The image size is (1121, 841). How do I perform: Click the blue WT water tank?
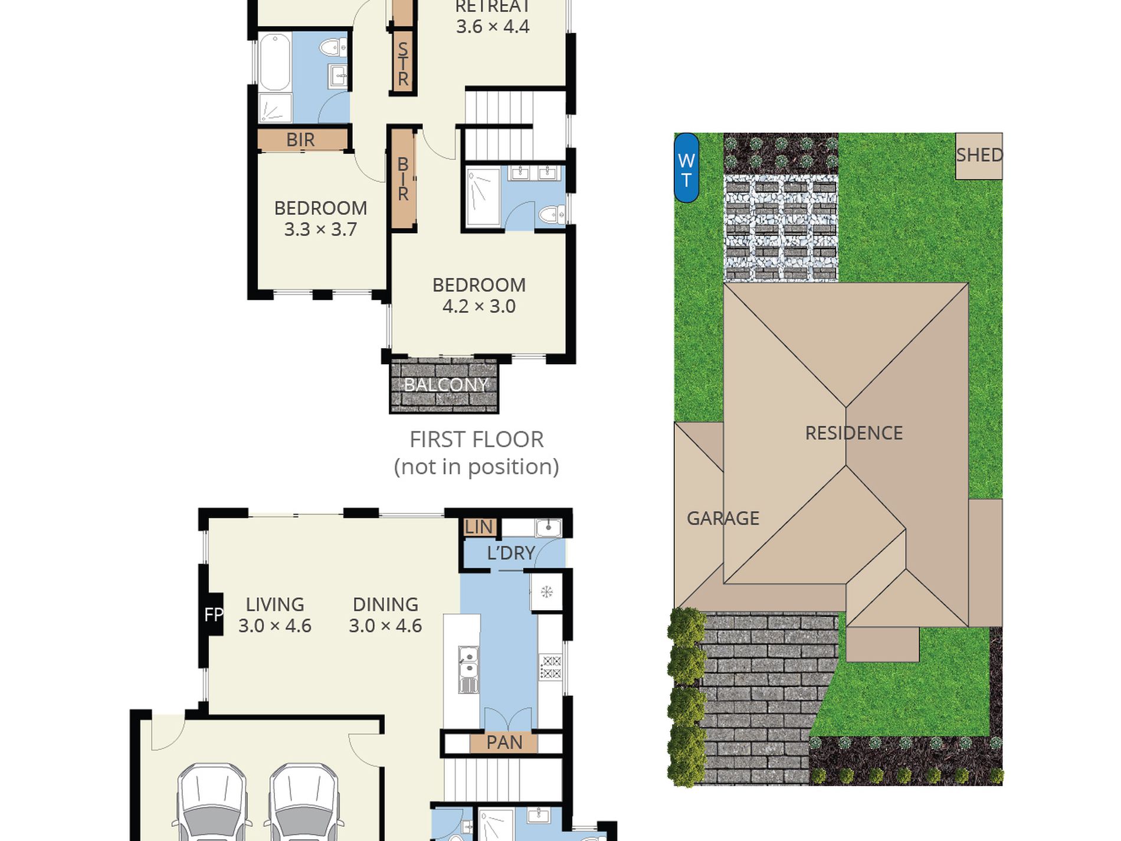[686, 168]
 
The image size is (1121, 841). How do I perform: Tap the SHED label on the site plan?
[979, 155]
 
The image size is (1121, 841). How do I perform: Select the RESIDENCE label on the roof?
[854, 433]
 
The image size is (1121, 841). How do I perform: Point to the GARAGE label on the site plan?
[723, 518]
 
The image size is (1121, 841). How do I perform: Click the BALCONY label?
[445, 385]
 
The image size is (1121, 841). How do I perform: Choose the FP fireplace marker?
[214, 615]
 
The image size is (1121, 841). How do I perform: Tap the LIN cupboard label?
[478, 527]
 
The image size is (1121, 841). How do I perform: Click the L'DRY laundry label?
[511, 553]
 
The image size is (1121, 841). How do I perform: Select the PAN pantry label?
[504, 742]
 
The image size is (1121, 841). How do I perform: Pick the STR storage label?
[403, 64]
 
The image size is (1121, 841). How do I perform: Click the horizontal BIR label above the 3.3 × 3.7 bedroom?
[300, 140]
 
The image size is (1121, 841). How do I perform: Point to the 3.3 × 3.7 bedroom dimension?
[320, 229]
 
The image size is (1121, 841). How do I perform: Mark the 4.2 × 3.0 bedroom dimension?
[479, 306]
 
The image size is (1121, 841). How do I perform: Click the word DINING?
[385, 604]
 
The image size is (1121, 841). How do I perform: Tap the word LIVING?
[275, 604]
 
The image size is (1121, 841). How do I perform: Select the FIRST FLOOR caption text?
[477, 440]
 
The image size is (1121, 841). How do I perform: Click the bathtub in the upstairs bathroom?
[275, 63]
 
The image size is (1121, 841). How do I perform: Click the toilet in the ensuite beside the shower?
[551, 214]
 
